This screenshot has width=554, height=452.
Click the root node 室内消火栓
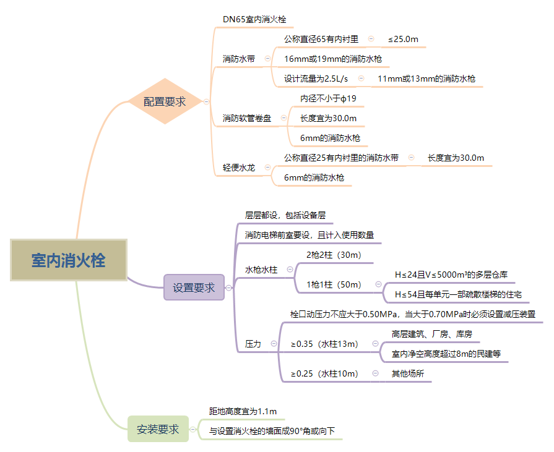pyautogui.click(x=68, y=260)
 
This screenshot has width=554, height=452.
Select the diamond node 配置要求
pyautogui.click(x=165, y=101)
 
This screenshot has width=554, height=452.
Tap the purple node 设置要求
pyautogui.click(x=194, y=288)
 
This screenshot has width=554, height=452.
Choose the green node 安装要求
pyautogui.click(x=158, y=429)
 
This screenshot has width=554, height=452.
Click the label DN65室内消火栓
pyautogui.click(x=254, y=20)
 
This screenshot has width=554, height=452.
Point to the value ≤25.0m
pyautogui.click(x=403, y=39)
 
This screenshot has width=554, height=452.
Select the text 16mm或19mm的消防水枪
pyautogui.click(x=332, y=59)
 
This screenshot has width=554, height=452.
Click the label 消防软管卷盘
pyautogui.click(x=247, y=117)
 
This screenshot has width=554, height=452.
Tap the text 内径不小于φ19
pyautogui.click(x=328, y=98)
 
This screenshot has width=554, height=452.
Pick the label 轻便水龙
pyautogui.click(x=239, y=167)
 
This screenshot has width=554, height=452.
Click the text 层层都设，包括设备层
pyautogui.click(x=285, y=215)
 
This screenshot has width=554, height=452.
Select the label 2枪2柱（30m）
pyautogui.click(x=334, y=255)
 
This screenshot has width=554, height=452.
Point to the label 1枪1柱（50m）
pyautogui.click(x=334, y=284)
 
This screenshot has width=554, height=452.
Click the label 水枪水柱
pyautogui.click(x=261, y=270)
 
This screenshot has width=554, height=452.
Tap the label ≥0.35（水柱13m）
pyautogui.click(x=324, y=344)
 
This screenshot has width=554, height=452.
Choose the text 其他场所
pyautogui.click(x=407, y=373)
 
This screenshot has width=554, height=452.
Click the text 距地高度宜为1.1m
pyautogui.click(x=243, y=411)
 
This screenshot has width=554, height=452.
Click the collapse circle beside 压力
pyautogui.click(x=274, y=344)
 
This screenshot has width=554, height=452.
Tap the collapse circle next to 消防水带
pyautogui.click(x=267, y=59)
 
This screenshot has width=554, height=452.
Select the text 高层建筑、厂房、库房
pyautogui.click(x=431, y=334)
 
